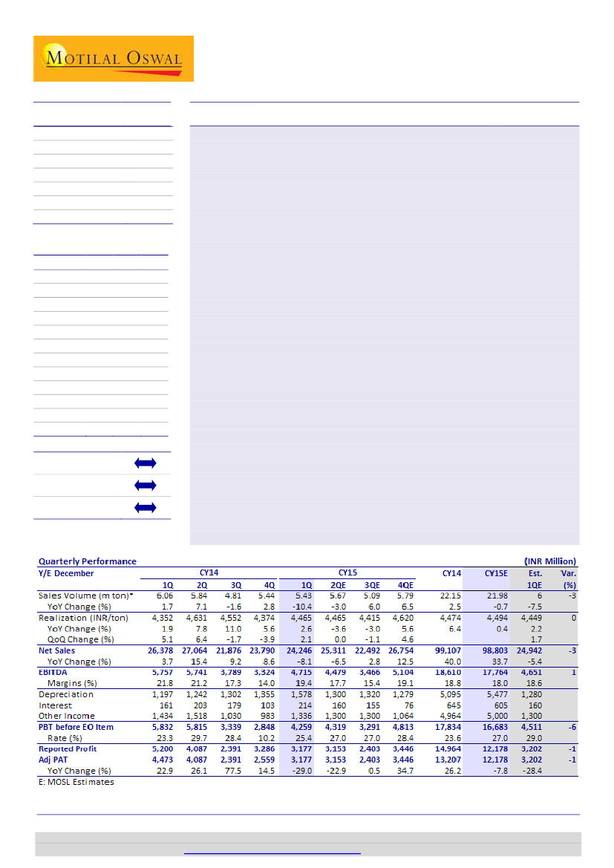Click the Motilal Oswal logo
pos(113,59)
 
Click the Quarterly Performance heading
pos(88,561)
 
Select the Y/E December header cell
pos(67,573)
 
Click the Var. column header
pos(569,573)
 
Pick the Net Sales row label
pos(58,650)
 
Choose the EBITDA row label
pos(53,672)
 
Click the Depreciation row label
pos(66,694)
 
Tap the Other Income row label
pos(67,716)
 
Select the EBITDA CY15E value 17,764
pos(492,672)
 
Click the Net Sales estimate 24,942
pos(527,650)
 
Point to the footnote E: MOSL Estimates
pos(76,782)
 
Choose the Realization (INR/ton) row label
pos(83,617)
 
